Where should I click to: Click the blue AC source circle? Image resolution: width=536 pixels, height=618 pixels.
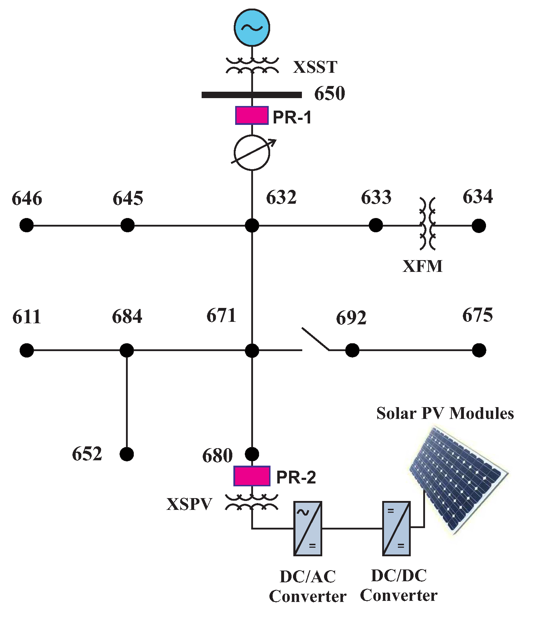(252, 27)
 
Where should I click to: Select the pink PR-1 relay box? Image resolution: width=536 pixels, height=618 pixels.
(252, 115)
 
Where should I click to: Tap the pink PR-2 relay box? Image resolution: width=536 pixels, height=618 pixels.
(252, 476)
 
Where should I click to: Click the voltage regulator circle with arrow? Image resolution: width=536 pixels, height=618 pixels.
(252, 153)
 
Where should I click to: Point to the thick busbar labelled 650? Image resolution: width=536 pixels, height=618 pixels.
(252, 95)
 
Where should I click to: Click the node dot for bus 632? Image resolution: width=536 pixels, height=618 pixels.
(252, 226)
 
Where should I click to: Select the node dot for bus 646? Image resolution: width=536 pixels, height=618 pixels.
(27, 226)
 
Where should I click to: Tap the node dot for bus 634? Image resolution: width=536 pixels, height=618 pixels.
(479, 226)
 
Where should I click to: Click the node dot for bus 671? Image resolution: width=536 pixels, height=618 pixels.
(252, 350)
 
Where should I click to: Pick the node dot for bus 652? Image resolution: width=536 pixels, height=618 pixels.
(127, 454)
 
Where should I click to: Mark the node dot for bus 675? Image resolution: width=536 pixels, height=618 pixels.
(479, 350)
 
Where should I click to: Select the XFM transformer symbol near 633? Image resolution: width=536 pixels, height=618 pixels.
(428, 224)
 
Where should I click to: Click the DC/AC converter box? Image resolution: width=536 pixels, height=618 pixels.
(308, 528)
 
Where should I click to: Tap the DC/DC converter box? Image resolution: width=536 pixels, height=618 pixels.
(396, 528)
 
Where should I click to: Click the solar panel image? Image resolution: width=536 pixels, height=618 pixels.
(459, 480)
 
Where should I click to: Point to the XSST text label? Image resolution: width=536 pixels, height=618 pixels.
(315, 67)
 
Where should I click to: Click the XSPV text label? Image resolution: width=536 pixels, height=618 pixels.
(189, 504)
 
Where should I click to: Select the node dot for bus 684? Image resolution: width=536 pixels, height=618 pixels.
(127, 350)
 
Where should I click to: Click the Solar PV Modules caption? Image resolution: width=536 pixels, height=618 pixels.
(445, 413)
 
